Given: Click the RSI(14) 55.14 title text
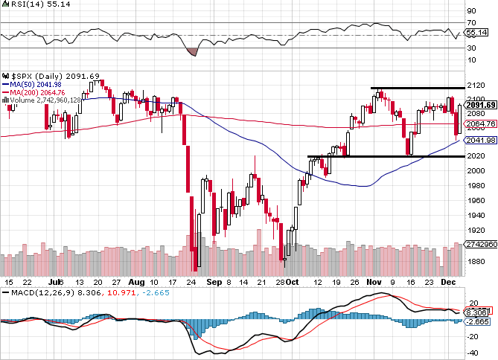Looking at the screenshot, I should point(32,6).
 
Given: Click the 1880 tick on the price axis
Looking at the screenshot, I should point(472,261).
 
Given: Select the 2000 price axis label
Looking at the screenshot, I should point(472,170).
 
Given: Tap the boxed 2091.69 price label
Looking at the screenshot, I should point(477,105).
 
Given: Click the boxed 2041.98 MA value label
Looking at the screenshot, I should point(477,140).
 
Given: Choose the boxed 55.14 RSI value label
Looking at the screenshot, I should point(476,33).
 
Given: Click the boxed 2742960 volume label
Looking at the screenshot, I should point(477,244).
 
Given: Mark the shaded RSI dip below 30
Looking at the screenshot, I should point(191,51).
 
